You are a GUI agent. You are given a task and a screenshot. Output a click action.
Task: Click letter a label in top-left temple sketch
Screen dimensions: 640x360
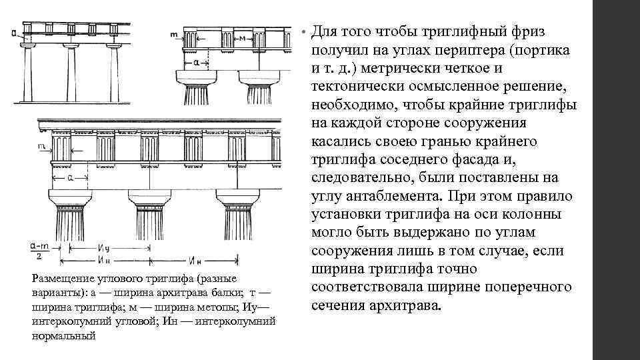[15, 32]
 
